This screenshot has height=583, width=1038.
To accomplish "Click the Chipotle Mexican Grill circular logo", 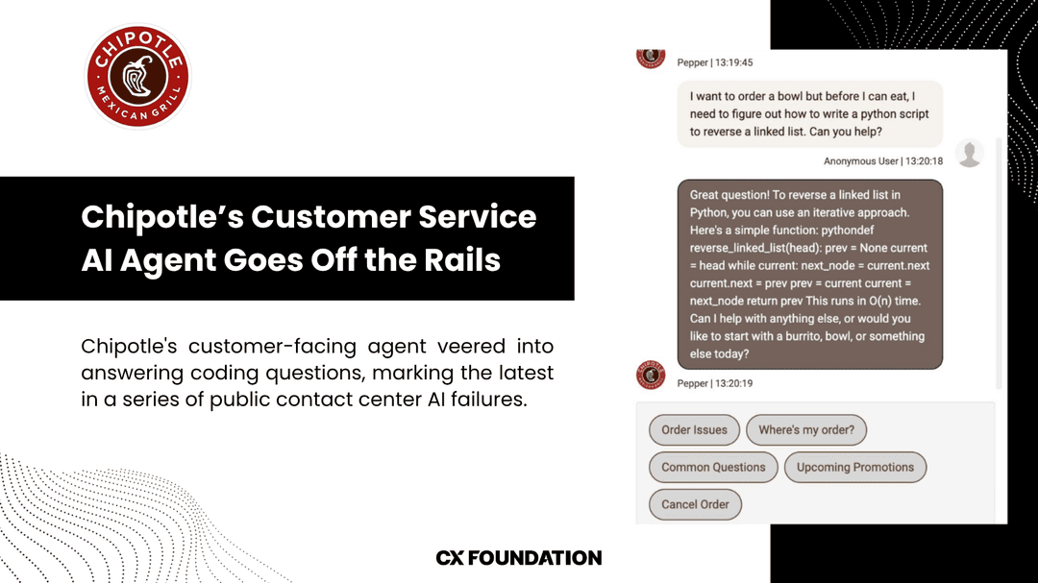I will tap(137, 76).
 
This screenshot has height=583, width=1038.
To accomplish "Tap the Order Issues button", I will tap(694, 430).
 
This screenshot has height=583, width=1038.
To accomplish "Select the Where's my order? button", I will tap(805, 430).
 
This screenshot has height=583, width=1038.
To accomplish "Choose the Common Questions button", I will tap(713, 468).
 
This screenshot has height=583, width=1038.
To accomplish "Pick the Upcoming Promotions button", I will tap(855, 468).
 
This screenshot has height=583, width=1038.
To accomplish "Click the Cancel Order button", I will tap(695, 504).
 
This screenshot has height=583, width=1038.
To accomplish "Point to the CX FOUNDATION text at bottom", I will tap(519, 558).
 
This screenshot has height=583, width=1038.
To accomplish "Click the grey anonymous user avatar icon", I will tap(970, 154).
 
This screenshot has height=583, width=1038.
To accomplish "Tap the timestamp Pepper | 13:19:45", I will tap(715, 62).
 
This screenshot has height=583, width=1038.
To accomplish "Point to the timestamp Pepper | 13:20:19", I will tap(715, 383).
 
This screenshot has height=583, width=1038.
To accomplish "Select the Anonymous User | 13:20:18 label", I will tap(882, 161).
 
